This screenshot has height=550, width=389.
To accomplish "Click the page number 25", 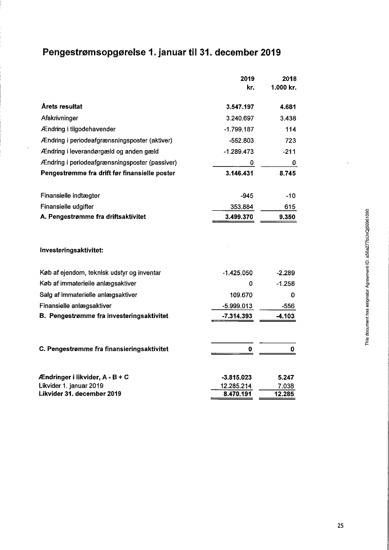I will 340,526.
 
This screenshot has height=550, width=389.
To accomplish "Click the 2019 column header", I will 247,79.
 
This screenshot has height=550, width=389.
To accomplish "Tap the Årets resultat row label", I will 62,107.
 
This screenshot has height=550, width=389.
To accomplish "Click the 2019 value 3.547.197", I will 240,107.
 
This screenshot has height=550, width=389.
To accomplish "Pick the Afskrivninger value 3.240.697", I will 240,119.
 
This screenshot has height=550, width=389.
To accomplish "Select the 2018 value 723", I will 290,141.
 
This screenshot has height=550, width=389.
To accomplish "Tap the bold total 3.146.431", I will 240,173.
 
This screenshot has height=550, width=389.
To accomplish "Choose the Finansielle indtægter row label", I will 70,195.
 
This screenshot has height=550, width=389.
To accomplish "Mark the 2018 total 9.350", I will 287,217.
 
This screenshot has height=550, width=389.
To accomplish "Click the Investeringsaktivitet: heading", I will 72,250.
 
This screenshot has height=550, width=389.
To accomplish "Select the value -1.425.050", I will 238,273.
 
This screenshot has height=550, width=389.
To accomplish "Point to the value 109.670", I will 242,295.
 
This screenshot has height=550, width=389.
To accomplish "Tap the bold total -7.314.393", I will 237,316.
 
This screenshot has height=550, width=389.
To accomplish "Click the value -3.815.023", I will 237,377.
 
